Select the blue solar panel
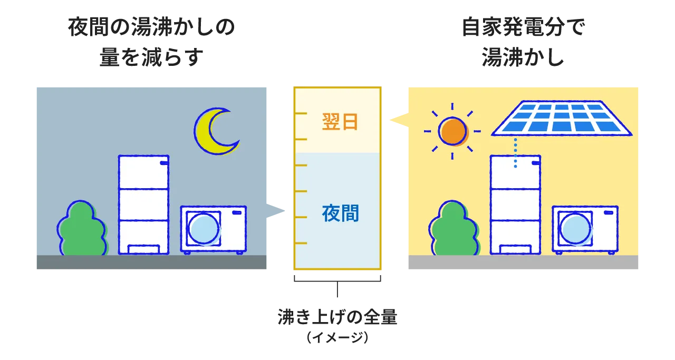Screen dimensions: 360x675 561,118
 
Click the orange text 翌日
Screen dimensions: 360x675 340,122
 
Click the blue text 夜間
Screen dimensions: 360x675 340,213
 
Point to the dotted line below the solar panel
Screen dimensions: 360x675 515,153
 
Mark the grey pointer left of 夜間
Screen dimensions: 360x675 277,211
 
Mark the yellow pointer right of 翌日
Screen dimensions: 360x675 396,121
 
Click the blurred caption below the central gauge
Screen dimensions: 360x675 337,326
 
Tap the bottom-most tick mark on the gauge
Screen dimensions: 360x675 301,243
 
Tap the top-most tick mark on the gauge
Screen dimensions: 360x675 301,113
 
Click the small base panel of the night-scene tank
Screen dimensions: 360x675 143,249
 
